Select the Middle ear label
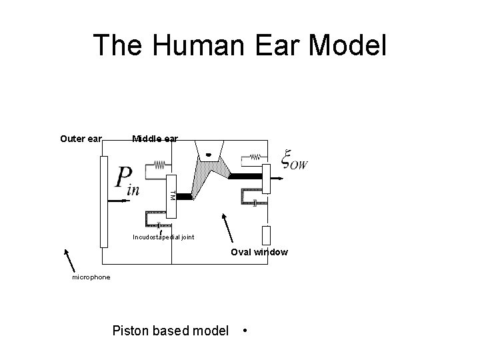point(155,139)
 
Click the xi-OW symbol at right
point(293,160)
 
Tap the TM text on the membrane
point(172,195)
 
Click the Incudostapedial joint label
point(163,237)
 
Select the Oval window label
point(259,252)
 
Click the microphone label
point(91,277)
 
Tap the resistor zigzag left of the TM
point(159,163)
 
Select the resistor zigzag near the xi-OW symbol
point(255,157)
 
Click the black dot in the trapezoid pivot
point(207,155)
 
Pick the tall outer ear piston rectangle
point(103,201)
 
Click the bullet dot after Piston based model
point(246,330)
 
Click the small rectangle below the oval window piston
point(266,235)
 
